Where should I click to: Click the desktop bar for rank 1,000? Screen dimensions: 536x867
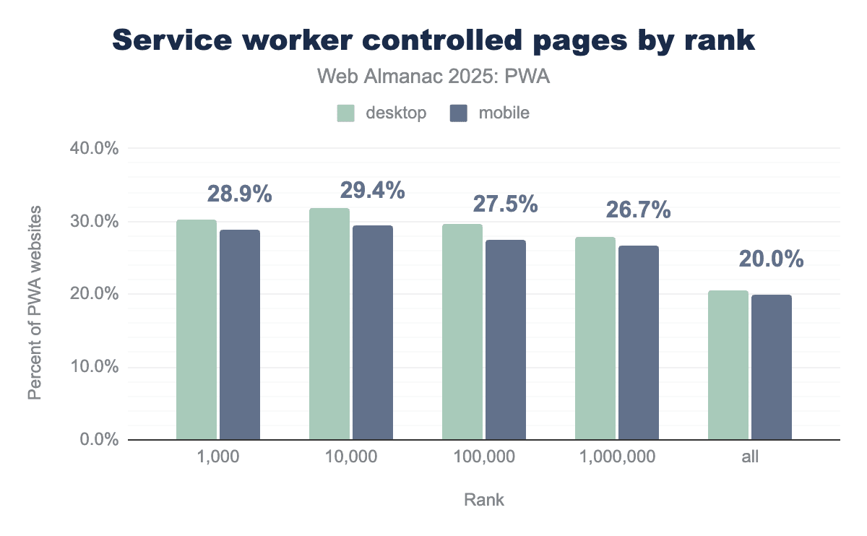tap(197, 329)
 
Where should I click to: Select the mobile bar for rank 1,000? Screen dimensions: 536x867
tap(240, 334)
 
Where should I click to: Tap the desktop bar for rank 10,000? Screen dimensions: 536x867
tap(329, 324)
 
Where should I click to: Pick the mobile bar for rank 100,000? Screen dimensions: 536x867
tap(506, 340)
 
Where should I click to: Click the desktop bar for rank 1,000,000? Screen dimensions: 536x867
tap(595, 338)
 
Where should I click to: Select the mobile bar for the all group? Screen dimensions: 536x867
tap(772, 367)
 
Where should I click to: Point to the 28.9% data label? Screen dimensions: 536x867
tap(240, 194)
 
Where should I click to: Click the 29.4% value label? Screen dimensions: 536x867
tap(372, 191)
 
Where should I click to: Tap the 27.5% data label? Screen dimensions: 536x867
tap(505, 204)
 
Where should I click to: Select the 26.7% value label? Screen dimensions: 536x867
tap(638, 210)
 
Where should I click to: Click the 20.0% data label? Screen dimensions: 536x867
tap(771, 259)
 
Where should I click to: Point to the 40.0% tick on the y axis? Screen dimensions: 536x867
tap(93, 149)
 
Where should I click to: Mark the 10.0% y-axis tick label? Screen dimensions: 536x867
tap(93, 367)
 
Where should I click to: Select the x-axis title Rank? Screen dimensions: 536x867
tap(484, 500)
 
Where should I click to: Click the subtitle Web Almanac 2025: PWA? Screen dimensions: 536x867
tap(433, 77)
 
